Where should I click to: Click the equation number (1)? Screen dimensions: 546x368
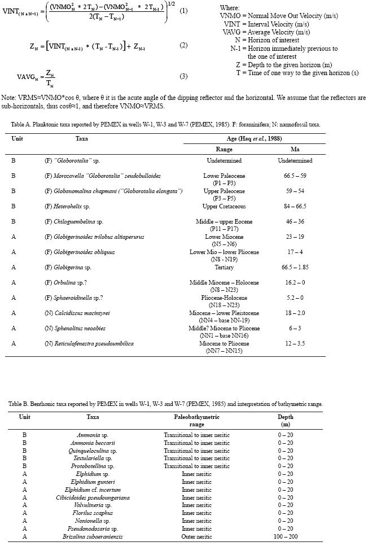coord(183,11)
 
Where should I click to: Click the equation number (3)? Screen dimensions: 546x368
coord(183,76)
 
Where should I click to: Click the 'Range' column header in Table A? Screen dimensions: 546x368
coord(224,150)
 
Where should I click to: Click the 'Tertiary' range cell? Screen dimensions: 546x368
coord(224,267)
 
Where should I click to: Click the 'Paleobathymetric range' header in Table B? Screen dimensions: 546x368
coord(196,420)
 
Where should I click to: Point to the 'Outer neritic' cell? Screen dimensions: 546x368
coord(196,536)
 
